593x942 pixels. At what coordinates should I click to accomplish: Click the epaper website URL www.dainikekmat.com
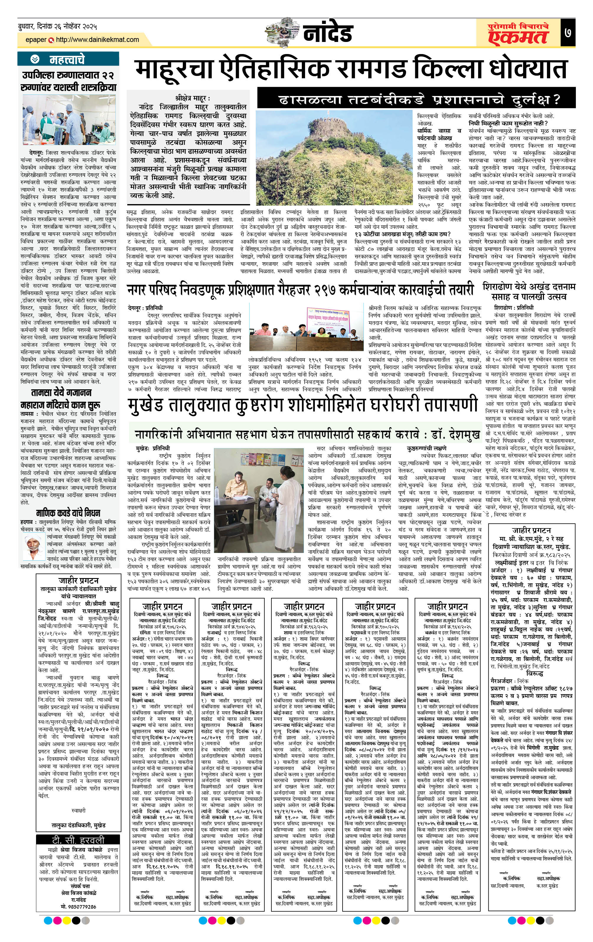(97, 40)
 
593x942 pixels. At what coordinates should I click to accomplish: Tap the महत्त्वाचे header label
(66, 59)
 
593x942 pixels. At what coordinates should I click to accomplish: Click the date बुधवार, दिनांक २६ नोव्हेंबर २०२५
(58, 27)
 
